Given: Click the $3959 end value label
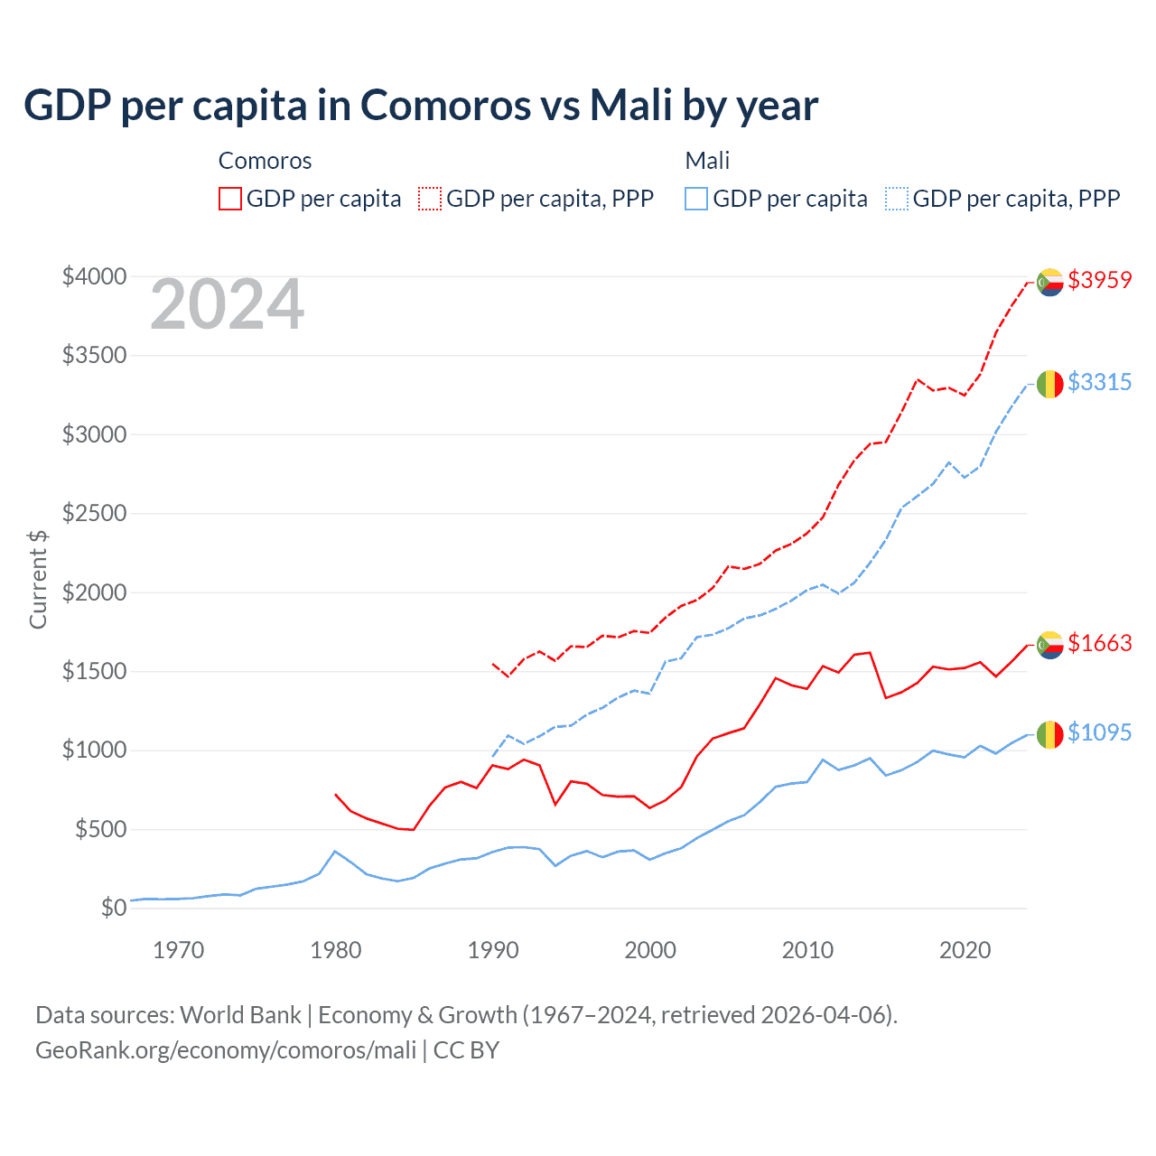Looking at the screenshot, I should pos(1099,280).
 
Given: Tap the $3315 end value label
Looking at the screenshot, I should pos(1099,382).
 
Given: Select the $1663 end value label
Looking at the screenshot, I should pos(1099,643).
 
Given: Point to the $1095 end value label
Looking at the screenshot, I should pos(1099,732).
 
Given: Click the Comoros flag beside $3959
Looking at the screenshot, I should pos(1049,282).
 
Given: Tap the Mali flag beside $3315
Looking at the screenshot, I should pos(1049,384).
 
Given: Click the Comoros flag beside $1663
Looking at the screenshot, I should pos(1049,645).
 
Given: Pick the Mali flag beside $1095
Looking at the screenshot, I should pos(1049,734).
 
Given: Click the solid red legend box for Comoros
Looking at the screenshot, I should pos(230,199).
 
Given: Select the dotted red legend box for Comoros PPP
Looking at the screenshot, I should pos(430,199).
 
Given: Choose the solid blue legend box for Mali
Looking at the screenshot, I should pos(696,199).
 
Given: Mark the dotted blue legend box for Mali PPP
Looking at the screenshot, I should pos(897,199).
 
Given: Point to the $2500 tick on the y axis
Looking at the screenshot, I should pos(94,514).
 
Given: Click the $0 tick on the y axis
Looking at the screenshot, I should pos(113,908).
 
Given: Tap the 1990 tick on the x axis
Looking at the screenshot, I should pos(493,950).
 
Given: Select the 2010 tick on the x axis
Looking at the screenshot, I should pos(807,950).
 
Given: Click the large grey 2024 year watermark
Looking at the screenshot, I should pos(227,305).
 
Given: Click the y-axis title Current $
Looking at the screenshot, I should pos(38,580).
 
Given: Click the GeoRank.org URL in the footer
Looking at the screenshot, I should pos(226,1050).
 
